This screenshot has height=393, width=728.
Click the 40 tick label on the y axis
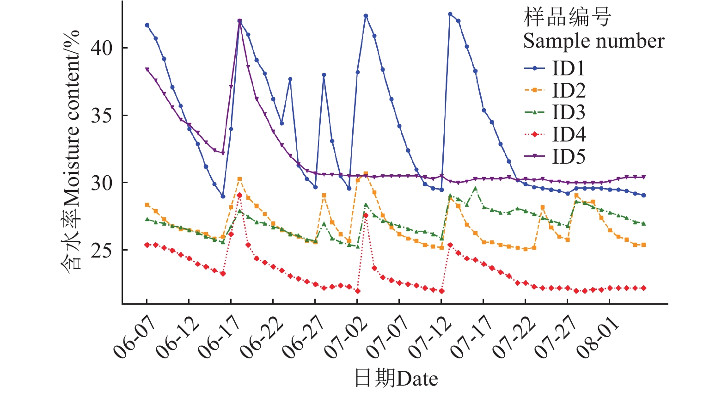coord(101,48)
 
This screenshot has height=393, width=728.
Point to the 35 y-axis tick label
coord(101,116)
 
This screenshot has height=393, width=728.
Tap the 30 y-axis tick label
coord(101,183)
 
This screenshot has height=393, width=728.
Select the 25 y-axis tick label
coord(101,251)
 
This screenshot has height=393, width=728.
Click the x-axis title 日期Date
coord(396,379)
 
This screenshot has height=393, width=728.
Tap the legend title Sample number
coord(593,41)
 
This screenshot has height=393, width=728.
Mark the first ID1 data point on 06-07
coord(147,25)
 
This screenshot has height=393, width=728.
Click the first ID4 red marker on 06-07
coord(147,245)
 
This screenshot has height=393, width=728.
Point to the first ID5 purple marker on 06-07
coord(147,69)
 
